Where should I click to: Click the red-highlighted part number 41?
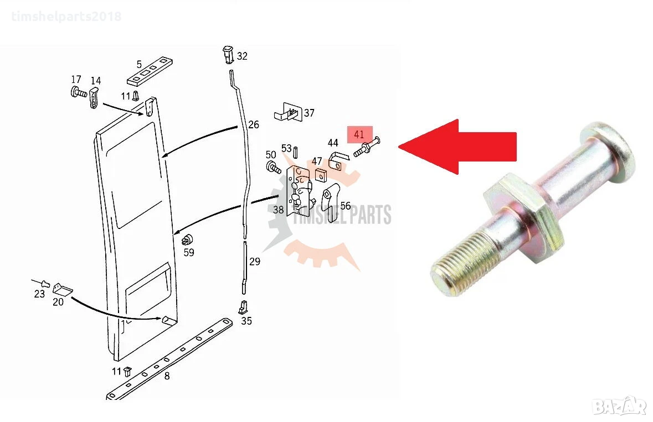point(359,134)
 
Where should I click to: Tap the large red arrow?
point(457,147)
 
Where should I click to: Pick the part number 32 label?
point(242,56)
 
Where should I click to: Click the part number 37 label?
point(309,113)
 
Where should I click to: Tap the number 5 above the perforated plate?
point(139,65)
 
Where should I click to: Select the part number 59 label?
point(189,252)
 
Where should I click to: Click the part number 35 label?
point(246,321)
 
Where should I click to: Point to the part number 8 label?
point(167,376)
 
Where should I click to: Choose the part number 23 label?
point(39,294)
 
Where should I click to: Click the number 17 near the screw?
point(76,80)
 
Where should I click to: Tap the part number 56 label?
point(345,206)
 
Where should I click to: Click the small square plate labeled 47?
point(320,175)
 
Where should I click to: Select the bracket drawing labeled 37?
point(288,112)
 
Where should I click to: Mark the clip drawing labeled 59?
point(188,240)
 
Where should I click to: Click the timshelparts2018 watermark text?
point(66,17)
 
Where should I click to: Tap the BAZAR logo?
point(619,406)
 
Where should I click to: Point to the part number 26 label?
point(254,125)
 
